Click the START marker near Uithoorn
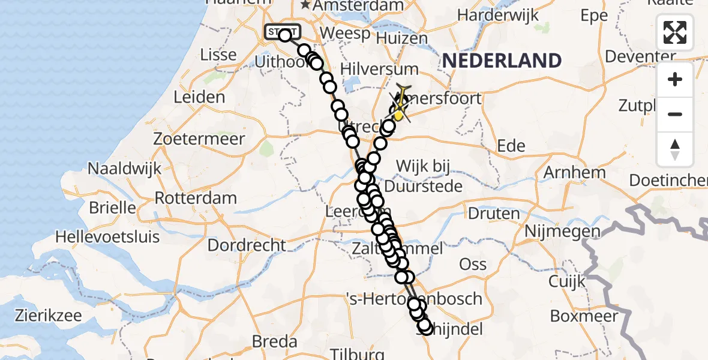(281, 32)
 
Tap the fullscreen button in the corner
(675, 32)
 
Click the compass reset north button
(675, 149)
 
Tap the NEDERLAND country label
(502, 61)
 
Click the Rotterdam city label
(196, 198)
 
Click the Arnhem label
(574, 173)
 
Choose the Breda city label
(275, 341)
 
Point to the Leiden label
(199, 97)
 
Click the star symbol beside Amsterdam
(305, 5)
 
